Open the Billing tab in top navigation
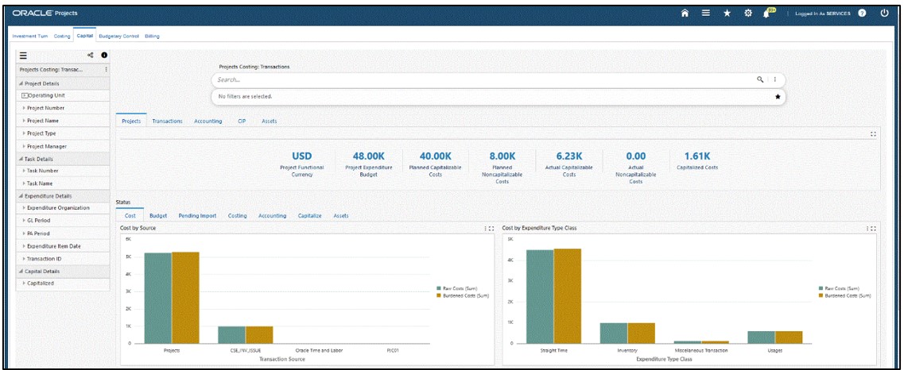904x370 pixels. (x=152, y=36)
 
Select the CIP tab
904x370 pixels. (x=241, y=121)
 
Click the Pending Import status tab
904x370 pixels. (x=197, y=215)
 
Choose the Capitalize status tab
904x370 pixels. (x=309, y=215)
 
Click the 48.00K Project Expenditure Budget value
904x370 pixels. (x=369, y=156)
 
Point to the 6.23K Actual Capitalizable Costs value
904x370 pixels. (x=569, y=156)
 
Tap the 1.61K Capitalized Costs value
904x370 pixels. (x=696, y=156)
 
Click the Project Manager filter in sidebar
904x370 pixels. (x=47, y=146)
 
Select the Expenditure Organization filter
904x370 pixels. (x=58, y=208)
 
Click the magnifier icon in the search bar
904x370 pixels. (x=760, y=79)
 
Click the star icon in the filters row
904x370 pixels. (x=778, y=96)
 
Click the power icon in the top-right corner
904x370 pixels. (x=884, y=13)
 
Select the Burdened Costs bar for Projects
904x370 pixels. (x=185, y=297)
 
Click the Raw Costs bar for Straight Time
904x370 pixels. (x=540, y=296)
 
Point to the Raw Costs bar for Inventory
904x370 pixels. (x=613, y=333)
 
